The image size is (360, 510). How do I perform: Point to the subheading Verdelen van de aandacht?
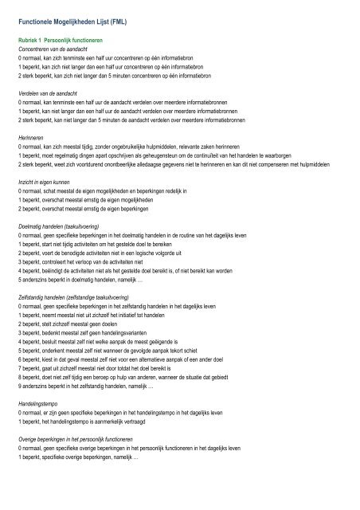53,94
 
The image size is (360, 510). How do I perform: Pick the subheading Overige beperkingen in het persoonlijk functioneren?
95,439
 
